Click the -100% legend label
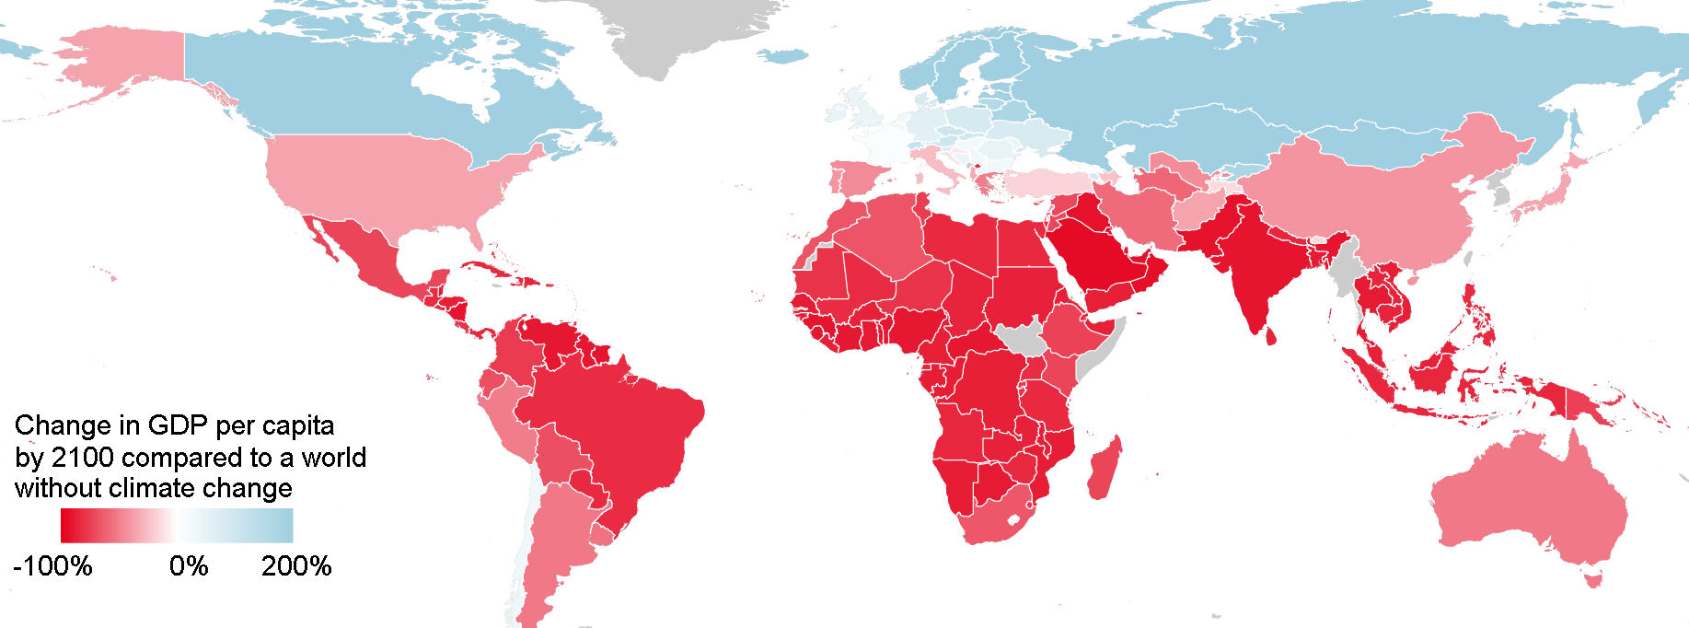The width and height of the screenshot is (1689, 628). pos(53,565)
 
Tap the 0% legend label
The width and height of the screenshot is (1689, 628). pos(189,565)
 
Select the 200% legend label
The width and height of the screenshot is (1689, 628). pos(295,565)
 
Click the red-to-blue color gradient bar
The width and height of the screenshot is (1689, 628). pos(177,526)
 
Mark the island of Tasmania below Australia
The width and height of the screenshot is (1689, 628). pos(1593,579)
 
